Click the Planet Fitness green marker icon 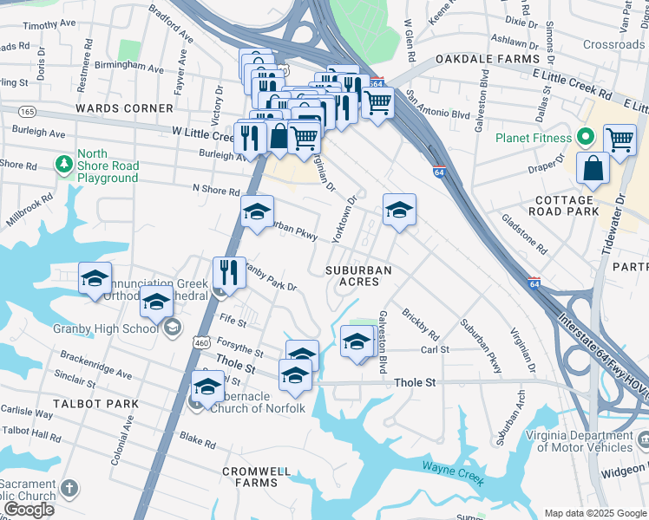click(586, 137)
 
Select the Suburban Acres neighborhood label click(358, 276)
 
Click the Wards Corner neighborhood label click(124, 108)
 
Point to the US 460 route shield click(201, 342)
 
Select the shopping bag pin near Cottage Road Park click(594, 169)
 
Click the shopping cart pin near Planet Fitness click(619, 139)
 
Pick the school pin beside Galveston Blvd click(356, 340)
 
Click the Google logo click(29, 510)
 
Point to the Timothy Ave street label click(49, 26)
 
